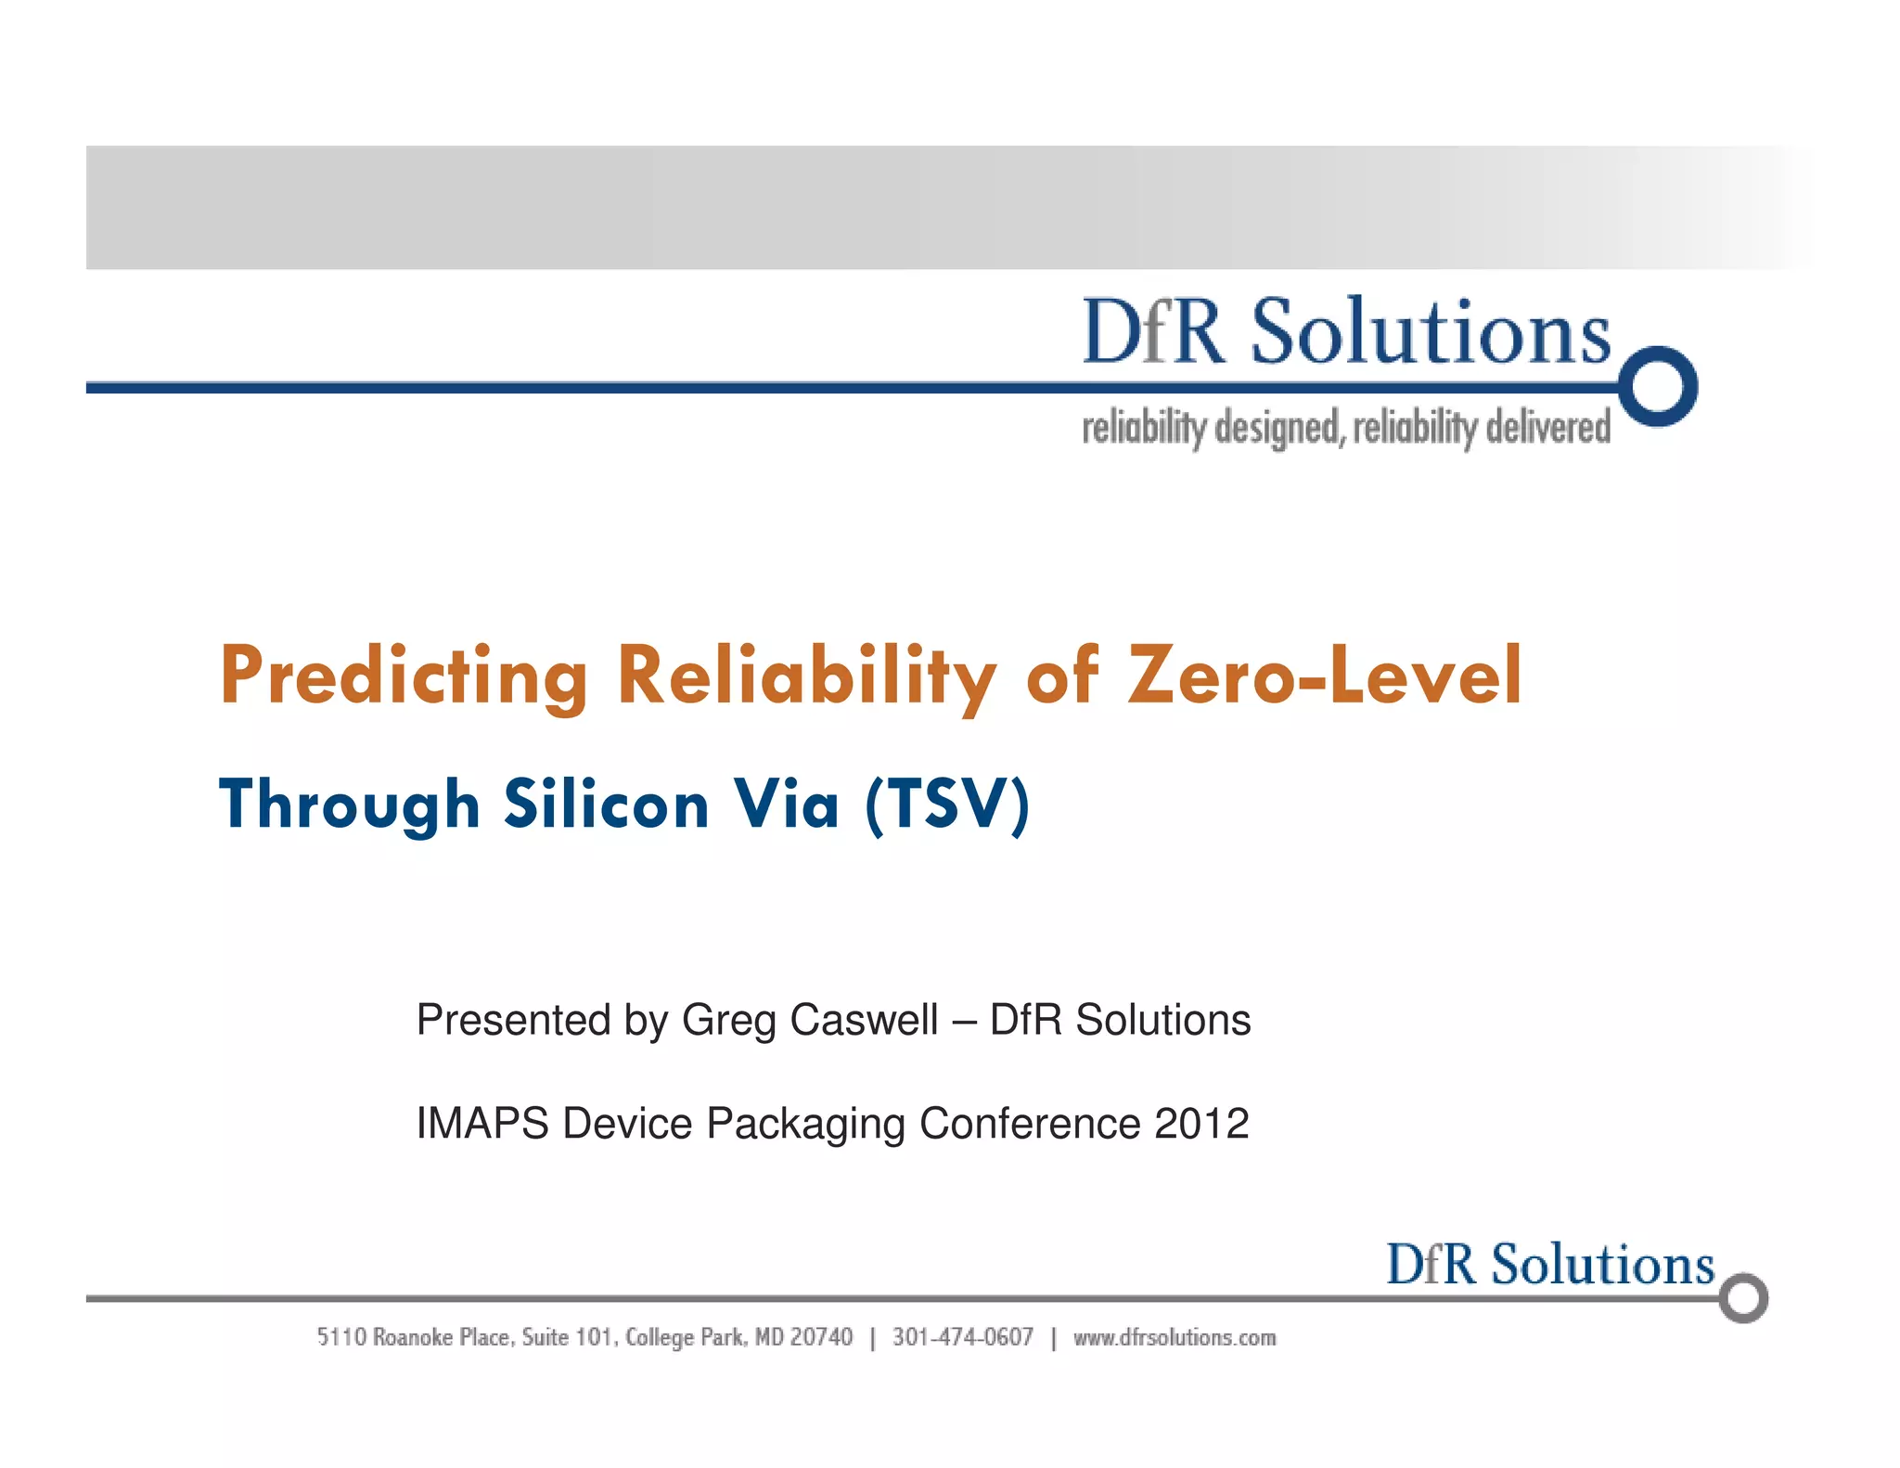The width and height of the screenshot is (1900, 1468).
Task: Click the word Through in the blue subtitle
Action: pyautogui.click(x=349, y=805)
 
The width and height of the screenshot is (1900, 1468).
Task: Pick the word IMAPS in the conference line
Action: pyautogui.click(x=482, y=1124)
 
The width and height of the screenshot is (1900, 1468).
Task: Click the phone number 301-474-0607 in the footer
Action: pyautogui.click(x=962, y=1337)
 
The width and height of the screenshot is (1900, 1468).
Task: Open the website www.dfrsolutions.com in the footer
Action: pyautogui.click(x=1175, y=1337)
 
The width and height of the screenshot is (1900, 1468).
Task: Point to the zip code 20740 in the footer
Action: pyautogui.click(x=821, y=1337)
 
